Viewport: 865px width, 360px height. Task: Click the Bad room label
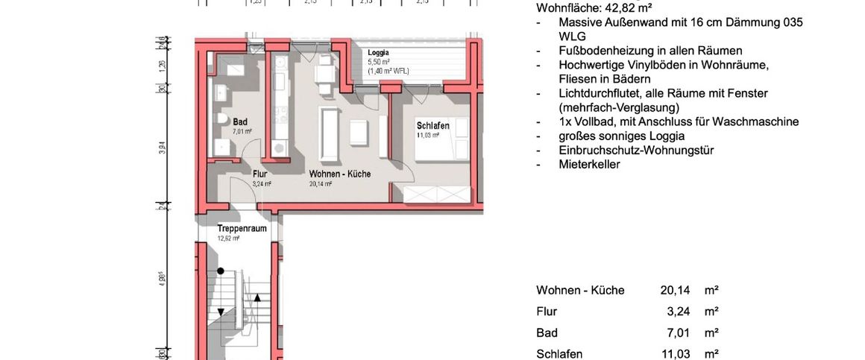click(x=240, y=121)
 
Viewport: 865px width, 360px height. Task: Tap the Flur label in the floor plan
click(x=259, y=174)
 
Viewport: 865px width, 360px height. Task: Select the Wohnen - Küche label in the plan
click(x=339, y=174)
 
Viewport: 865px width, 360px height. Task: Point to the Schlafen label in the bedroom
click(x=432, y=126)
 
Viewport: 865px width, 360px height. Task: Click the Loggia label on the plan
click(x=378, y=53)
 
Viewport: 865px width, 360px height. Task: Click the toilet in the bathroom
click(x=221, y=121)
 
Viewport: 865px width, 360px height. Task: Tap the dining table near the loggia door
click(x=324, y=75)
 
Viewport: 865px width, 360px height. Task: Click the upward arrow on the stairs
click(x=257, y=298)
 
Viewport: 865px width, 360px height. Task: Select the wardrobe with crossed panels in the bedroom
click(x=437, y=195)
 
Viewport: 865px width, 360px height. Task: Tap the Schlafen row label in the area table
click(x=559, y=354)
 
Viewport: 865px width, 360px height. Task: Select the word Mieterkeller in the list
click(x=589, y=164)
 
